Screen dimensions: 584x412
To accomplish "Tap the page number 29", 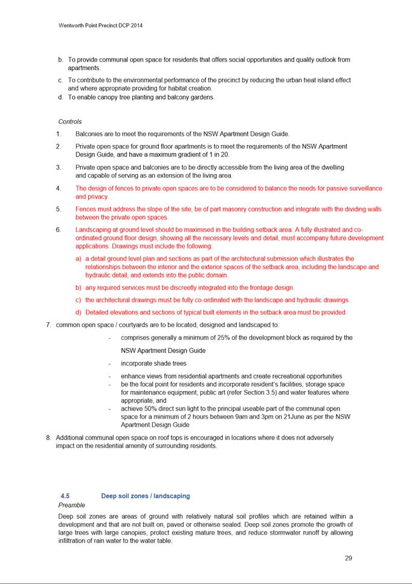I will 348,558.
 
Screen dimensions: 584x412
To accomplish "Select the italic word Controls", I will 70,122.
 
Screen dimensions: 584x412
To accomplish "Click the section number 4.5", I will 65,496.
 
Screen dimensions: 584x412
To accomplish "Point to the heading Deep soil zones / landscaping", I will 146,496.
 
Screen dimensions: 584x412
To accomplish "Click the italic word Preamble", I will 72,505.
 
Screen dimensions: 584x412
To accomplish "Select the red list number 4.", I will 59,189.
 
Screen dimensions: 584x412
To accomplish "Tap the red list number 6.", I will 59,230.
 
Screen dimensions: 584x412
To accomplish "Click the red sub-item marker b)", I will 79,288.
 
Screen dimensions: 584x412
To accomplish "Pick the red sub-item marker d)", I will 79,313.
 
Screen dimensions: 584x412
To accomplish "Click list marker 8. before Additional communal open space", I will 48,437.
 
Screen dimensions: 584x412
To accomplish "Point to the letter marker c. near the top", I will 60,80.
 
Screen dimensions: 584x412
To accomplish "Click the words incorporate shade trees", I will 153,363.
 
